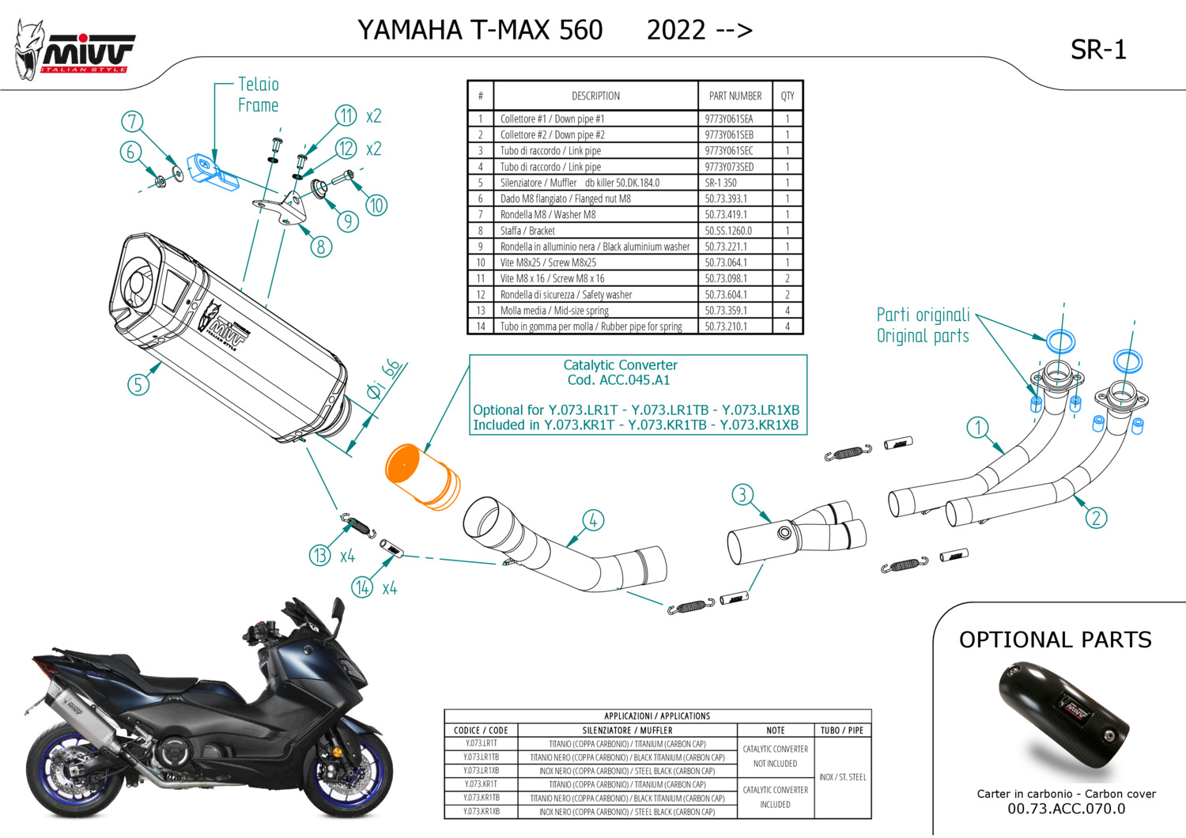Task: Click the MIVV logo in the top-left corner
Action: coord(75,51)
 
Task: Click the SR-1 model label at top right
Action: coord(1097,51)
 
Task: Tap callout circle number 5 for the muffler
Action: coord(138,385)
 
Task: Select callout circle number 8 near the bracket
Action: coord(320,247)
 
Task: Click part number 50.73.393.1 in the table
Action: coord(726,199)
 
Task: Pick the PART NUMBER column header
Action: coord(735,96)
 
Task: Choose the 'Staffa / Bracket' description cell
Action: coord(527,231)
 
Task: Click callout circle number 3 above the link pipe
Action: coord(742,495)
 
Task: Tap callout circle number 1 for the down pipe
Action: coord(978,428)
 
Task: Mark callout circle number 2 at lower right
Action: coord(1096,518)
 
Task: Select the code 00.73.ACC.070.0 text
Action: coord(1066,809)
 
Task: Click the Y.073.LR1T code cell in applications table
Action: coord(481,743)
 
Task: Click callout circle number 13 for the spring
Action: coord(319,555)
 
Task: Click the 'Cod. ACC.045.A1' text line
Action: coord(619,380)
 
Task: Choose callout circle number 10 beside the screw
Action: coord(376,206)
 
